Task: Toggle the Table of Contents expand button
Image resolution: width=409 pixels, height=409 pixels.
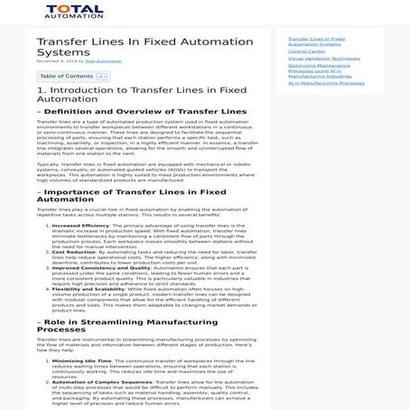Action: point(102,77)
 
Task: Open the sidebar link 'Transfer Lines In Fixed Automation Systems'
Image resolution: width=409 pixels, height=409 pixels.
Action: point(315,42)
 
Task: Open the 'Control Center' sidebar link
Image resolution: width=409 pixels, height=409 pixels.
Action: point(307,51)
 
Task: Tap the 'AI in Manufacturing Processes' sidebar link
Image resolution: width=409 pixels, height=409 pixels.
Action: point(326,83)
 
